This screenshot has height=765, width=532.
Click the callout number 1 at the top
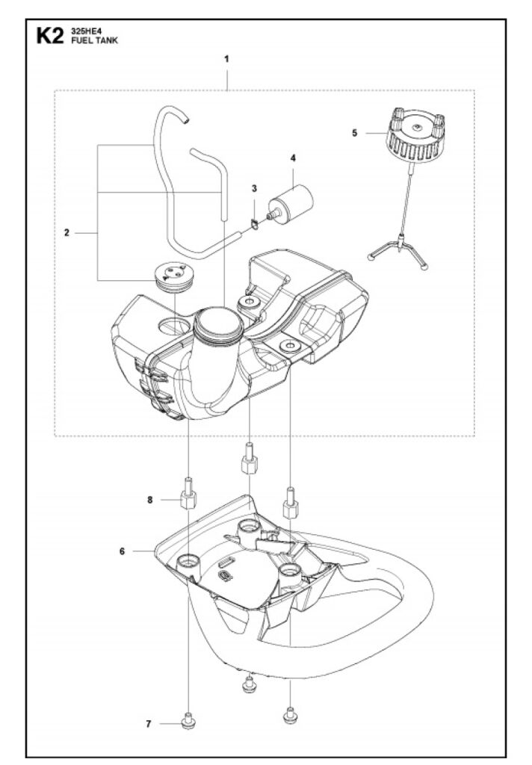coord(227,58)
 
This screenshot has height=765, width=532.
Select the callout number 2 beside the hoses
coord(67,233)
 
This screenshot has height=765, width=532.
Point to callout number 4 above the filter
coord(293,158)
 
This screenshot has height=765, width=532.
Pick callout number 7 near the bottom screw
coord(149,724)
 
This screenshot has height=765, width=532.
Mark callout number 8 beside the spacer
coord(149,500)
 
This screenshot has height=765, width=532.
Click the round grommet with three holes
coord(173,273)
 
